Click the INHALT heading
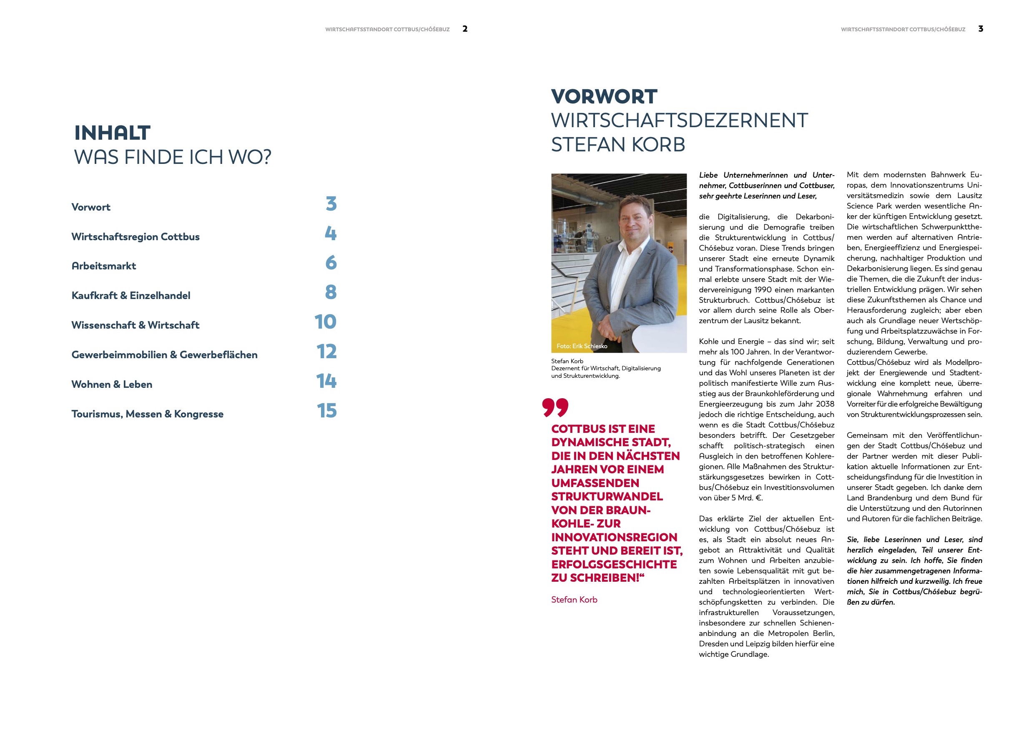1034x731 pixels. [112, 133]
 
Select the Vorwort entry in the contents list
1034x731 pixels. [91, 207]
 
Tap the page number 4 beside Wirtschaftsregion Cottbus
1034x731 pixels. [331, 233]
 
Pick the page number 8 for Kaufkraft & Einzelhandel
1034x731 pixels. [331, 292]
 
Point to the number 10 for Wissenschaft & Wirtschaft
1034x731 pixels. [325, 322]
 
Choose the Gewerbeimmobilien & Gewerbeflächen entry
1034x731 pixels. [164, 355]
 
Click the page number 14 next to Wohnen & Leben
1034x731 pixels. [326, 381]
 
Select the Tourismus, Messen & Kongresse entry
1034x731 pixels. [147, 414]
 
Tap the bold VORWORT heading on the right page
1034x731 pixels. [604, 96]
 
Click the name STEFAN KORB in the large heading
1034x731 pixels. [618, 145]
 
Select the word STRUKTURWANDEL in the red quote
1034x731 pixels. [607, 496]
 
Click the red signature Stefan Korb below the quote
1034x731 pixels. [574, 600]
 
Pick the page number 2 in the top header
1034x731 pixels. [465, 29]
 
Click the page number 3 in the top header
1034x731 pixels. [980, 29]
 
